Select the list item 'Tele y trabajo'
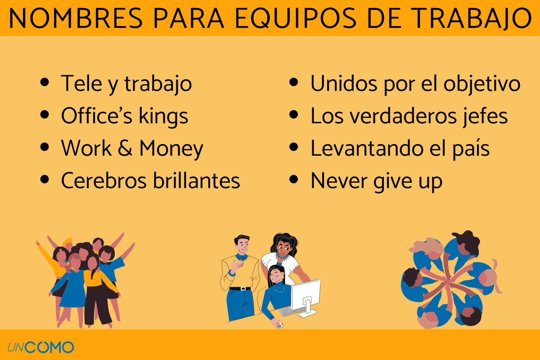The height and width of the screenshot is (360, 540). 126,84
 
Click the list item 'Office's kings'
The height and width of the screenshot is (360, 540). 124,116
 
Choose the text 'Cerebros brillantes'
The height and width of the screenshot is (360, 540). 150,181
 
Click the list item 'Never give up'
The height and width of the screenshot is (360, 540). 376,181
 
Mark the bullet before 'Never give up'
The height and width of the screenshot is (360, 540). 294,180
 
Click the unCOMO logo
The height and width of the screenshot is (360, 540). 40,347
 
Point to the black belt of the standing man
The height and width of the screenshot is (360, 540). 239,288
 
